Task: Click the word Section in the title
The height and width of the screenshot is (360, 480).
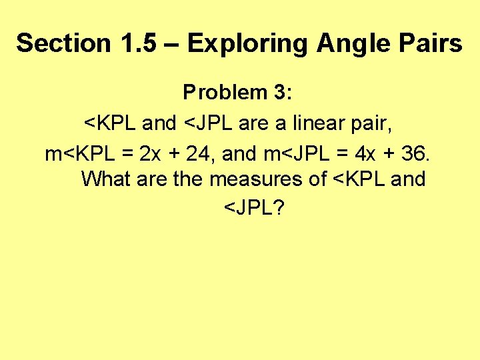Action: pyautogui.click(x=64, y=43)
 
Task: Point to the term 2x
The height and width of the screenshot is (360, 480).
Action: pyautogui.click(x=150, y=153)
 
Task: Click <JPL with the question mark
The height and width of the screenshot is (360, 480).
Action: pyautogui.click(x=254, y=209)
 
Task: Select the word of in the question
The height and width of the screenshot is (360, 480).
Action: pyautogui.click(x=317, y=179)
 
